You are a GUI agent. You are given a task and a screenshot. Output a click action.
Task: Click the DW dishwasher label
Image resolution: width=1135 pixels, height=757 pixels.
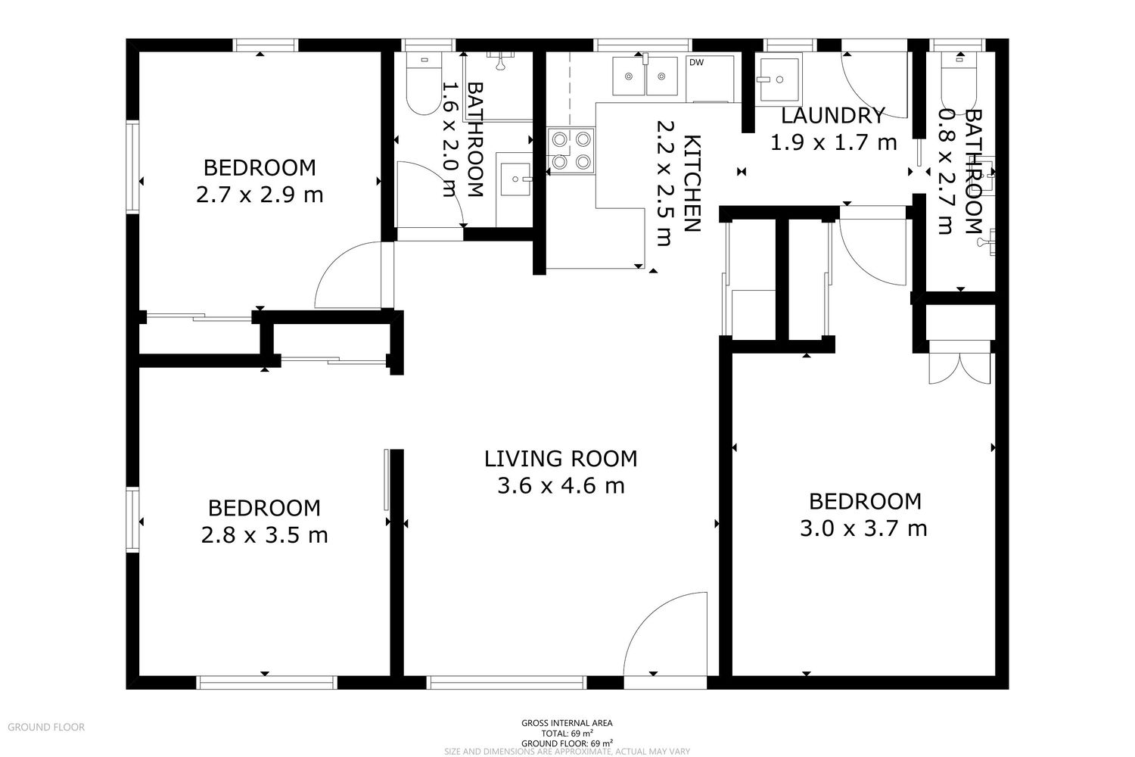coord(696,62)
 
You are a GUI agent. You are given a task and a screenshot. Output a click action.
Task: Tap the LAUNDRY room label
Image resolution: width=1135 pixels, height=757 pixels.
coord(832,116)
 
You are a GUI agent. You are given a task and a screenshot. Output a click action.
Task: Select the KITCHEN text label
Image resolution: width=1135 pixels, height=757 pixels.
coord(692,183)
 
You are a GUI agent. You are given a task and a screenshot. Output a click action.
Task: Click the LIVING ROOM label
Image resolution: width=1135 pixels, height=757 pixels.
coord(561,459)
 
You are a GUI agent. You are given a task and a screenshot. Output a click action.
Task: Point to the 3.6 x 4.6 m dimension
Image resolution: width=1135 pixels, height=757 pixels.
coord(561,486)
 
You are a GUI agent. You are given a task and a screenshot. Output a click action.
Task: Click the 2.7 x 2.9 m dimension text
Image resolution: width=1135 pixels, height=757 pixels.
coord(260,195)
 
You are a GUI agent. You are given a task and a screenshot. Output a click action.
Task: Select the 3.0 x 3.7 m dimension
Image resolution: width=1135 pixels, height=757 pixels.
coord(863,529)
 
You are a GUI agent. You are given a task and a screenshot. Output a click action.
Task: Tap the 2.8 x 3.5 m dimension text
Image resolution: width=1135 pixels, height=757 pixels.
coord(264,535)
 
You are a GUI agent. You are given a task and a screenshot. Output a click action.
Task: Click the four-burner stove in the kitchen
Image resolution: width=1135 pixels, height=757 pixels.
coord(571,151)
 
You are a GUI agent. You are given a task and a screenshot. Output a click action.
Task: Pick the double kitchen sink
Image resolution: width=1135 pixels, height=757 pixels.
coord(645,76)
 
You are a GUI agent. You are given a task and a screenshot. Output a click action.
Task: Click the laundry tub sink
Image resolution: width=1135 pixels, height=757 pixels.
coord(779,79)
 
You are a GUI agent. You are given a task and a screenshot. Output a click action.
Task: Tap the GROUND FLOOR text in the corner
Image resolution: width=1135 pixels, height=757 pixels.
coord(46,727)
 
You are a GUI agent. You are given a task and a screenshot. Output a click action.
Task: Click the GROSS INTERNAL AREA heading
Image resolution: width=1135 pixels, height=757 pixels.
coord(567,723)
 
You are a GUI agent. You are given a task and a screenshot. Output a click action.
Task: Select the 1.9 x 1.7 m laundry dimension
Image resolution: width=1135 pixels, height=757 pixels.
coord(834,142)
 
